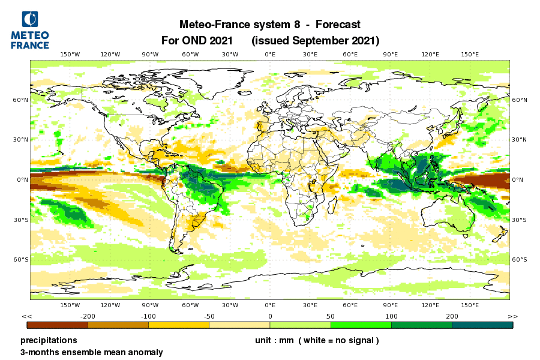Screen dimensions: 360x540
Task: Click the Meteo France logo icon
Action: pos(30,19)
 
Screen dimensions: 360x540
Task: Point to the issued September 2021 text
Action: pos(316,41)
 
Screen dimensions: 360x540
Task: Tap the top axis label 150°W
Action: pos(70,55)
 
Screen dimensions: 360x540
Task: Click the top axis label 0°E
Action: pos(270,55)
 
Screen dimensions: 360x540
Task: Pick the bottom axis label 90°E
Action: pos(390,305)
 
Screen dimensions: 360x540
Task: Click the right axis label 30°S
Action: pos(519,220)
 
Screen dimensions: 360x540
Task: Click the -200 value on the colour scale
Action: pos(88,316)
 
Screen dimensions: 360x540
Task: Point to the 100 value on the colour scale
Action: pos(391,316)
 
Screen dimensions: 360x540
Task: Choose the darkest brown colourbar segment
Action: pos(58,325)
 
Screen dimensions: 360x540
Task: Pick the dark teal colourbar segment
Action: pos(482,325)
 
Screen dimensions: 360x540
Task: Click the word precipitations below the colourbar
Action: pos(49,340)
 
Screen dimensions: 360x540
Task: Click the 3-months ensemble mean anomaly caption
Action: pos(92,352)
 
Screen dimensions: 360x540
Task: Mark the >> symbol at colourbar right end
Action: pos(512,316)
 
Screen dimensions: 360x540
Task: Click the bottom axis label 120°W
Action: pos(110,305)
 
